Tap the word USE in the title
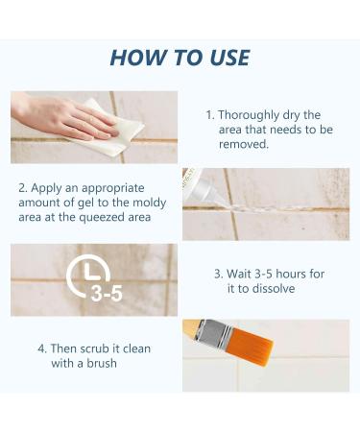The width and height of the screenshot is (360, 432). coord(229,58)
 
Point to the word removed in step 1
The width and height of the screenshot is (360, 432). coord(244,144)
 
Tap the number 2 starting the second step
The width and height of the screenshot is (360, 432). coord(22,188)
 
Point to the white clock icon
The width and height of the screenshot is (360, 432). coord(88,275)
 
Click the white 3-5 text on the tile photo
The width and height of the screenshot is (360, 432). coord(107,294)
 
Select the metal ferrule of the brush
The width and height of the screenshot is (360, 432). coord(213,333)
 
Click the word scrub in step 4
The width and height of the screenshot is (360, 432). coord(95,348)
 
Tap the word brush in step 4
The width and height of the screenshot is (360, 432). coord(102,363)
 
